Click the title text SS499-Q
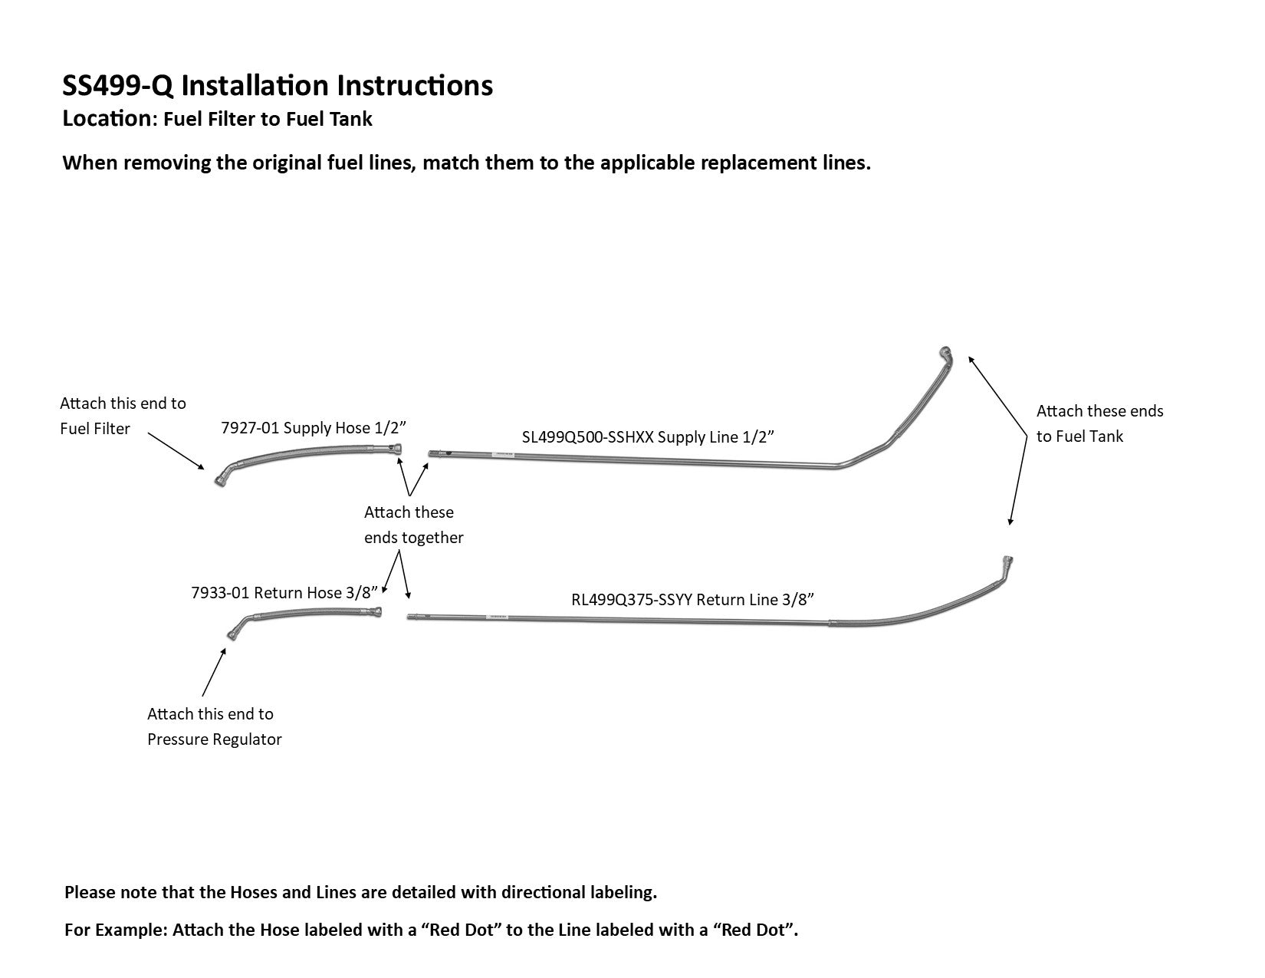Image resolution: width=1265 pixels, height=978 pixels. (117, 86)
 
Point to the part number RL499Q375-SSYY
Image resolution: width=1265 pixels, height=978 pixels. (632, 600)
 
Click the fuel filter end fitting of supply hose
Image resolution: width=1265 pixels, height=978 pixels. (221, 480)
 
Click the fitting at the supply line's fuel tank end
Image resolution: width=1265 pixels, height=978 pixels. (945, 353)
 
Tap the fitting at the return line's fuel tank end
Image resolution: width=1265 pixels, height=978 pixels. (1007, 562)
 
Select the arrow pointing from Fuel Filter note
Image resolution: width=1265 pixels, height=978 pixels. (176, 451)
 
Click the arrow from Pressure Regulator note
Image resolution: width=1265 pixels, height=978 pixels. (214, 672)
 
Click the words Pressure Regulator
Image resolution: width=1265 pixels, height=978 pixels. (214, 739)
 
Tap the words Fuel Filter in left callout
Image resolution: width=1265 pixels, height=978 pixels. (95, 430)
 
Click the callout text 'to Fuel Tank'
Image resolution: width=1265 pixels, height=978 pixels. (1080, 437)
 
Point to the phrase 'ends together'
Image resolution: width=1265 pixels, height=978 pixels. (414, 538)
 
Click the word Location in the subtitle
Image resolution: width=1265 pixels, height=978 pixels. (107, 118)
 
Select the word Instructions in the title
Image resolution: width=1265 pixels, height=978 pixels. (415, 86)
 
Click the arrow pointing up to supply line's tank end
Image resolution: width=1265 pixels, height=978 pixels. (997, 396)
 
